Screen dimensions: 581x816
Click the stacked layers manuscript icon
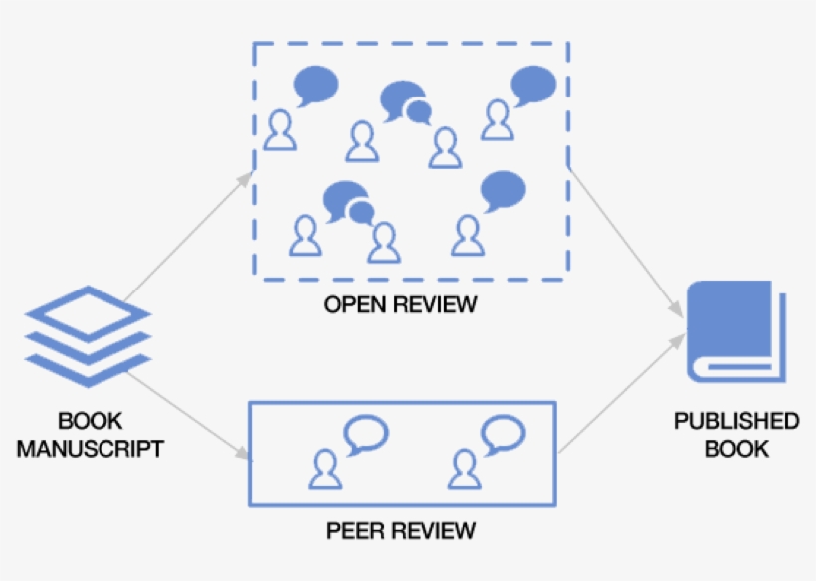pos(88,336)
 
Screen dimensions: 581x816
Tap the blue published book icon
pos(736,330)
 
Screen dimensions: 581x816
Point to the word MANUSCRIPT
pos(90,449)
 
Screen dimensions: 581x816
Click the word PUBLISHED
pos(736,421)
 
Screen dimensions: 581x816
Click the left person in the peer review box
pos(325,469)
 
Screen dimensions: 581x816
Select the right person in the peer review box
pos(462,469)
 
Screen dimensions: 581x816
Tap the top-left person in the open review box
pos(281,130)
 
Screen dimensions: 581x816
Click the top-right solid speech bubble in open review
pos(532,85)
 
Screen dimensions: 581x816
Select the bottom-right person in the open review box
pos(466,236)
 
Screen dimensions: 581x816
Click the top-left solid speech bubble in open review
pos(315,85)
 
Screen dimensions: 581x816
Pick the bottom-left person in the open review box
pos(305,236)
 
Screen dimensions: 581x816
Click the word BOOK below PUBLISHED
pos(736,449)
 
